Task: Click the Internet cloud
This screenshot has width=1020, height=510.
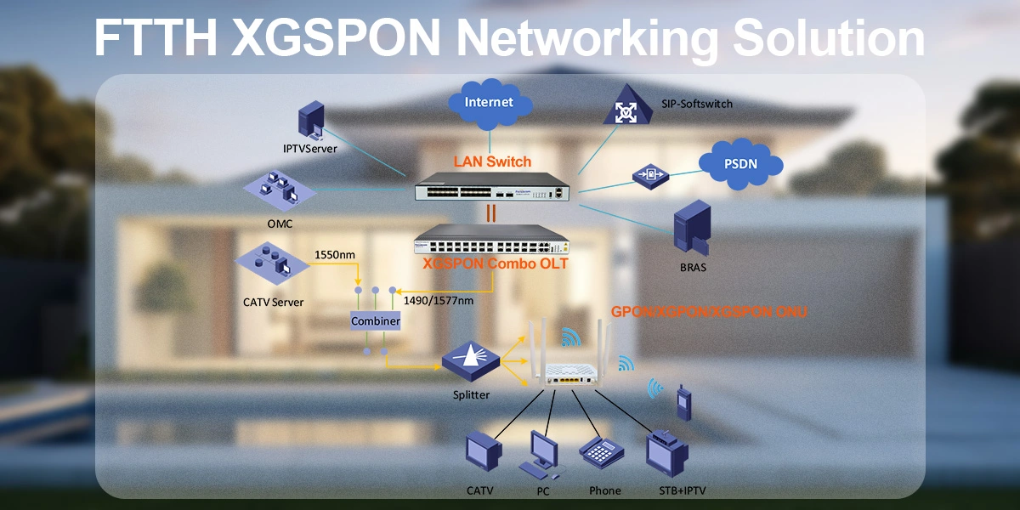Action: [x=489, y=103]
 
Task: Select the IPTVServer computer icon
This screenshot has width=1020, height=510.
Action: [x=310, y=122]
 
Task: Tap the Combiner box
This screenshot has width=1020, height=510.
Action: [x=376, y=322]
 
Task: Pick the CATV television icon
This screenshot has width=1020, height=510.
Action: [x=481, y=453]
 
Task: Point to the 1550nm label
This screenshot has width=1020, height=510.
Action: [x=335, y=254]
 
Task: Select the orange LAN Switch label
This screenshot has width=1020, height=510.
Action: [x=492, y=161]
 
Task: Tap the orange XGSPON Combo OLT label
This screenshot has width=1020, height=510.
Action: [x=496, y=263]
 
